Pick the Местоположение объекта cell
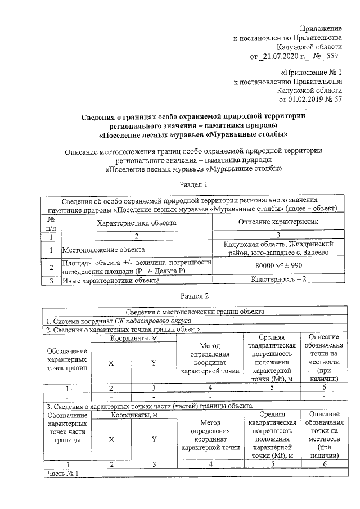tap(103, 249)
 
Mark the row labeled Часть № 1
tap(65, 473)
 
